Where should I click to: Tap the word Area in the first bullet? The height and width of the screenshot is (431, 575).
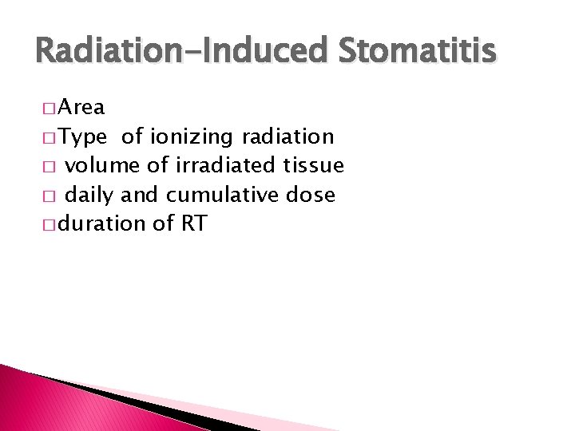coord(82,108)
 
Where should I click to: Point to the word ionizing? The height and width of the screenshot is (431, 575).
coord(189,137)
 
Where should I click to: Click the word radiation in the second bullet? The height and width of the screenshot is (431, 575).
coord(287,137)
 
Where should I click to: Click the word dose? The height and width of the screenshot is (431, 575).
coord(313,195)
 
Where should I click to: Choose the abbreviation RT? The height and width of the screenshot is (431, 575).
coord(194,223)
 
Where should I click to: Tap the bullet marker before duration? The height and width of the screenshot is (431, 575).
coord(50,225)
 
